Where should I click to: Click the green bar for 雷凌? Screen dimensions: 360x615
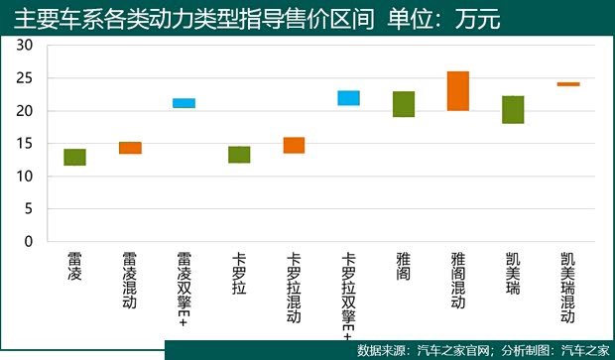pyautogui.click(x=74, y=157)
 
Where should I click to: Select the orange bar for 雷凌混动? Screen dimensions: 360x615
pyautogui.click(x=130, y=148)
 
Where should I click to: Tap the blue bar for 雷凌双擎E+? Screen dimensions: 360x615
pyautogui.click(x=184, y=103)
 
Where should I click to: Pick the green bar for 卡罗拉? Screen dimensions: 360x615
pyautogui.click(x=239, y=154)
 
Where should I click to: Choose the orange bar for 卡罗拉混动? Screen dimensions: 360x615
pyautogui.click(x=294, y=145)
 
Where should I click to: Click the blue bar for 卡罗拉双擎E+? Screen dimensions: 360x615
pyautogui.click(x=348, y=97)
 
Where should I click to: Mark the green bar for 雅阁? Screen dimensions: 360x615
pyautogui.click(x=404, y=104)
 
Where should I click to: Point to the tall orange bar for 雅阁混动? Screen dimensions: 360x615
pyautogui.click(x=458, y=91)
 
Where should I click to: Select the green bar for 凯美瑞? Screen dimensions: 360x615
pyautogui.click(x=513, y=109)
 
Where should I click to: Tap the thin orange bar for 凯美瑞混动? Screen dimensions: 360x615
pyautogui.click(x=567, y=84)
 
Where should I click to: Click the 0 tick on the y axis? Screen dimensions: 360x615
pyautogui.click(x=29, y=241)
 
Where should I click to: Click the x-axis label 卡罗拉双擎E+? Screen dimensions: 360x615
pyautogui.click(x=348, y=293)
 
